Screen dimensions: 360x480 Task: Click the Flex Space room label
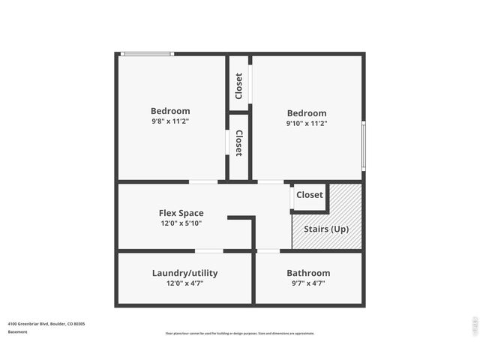(181, 213)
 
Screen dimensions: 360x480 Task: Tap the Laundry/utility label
(184, 273)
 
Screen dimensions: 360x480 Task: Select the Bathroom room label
(308, 273)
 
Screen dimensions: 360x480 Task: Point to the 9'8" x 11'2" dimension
(170, 121)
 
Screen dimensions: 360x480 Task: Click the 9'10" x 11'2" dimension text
(306, 123)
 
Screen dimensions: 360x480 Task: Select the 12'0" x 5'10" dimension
(181, 223)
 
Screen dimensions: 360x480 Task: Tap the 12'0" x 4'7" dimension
(184, 283)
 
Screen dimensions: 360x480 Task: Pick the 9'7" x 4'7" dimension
(308, 283)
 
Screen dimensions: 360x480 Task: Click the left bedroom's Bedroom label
(170, 111)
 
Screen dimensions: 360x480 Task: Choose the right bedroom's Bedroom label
(306, 113)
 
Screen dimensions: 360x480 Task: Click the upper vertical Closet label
(239, 85)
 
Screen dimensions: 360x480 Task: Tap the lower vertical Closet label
(239, 143)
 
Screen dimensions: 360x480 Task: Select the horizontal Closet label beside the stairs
(310, 195)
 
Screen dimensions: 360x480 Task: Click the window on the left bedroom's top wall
(148, 53)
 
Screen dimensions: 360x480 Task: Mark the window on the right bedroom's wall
(364, 145)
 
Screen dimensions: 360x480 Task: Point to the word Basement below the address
(18, 331)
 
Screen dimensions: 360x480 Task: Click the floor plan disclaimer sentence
(240, 333)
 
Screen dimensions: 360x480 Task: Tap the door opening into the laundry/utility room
(209, 250)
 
